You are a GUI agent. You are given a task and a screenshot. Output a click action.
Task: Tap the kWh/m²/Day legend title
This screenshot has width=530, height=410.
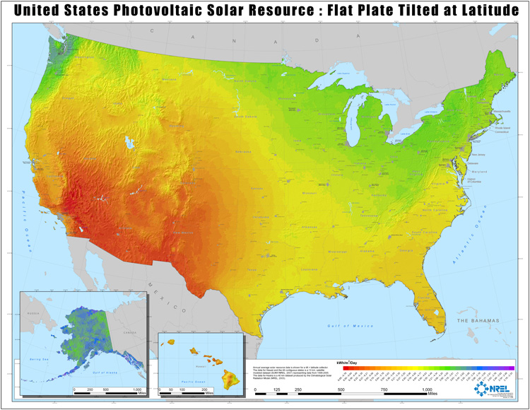pyautogui.click(x=355, y=362)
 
